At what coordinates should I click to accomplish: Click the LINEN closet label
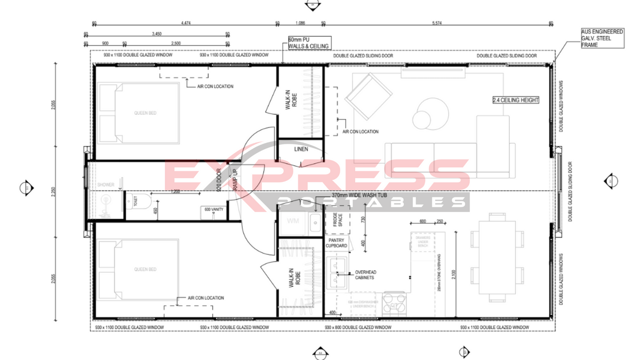coord(301,149)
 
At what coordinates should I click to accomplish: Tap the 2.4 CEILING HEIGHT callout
coord(515,100)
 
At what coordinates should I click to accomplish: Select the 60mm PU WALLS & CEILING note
coord(308,43)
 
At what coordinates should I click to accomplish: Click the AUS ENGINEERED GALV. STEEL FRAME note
coord(602,38)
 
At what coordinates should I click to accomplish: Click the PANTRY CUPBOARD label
coord(338,243)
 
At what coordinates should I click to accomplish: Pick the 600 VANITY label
coord(214,210)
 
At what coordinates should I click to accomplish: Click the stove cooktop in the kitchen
coord(395,303)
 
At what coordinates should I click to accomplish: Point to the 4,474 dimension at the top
coord(186,23)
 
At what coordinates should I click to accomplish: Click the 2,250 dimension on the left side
coord(54,191)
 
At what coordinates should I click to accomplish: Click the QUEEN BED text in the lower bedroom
coord(145,269)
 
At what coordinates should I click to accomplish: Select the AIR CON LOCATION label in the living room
coord(361,132)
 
